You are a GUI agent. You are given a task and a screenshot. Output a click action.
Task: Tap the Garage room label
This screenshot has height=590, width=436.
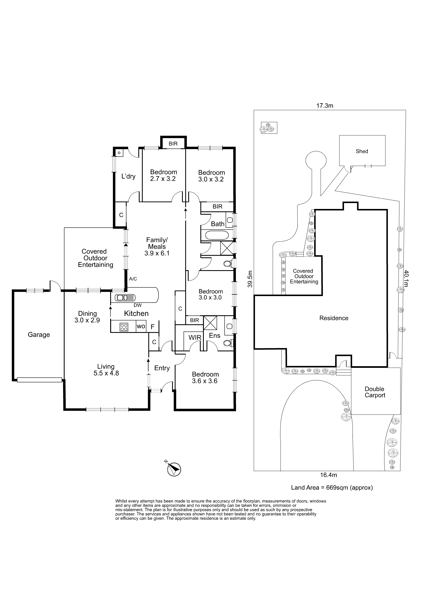tap(39, 335)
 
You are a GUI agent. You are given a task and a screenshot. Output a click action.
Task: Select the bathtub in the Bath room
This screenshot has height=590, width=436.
tap(217, 236)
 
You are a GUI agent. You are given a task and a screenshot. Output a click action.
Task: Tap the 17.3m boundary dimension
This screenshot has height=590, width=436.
tap(325, 106)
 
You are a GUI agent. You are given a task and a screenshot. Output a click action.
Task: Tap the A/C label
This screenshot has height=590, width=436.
tap(133, 279)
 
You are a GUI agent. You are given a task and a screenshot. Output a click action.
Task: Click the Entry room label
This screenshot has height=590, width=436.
tap(162, 368)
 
